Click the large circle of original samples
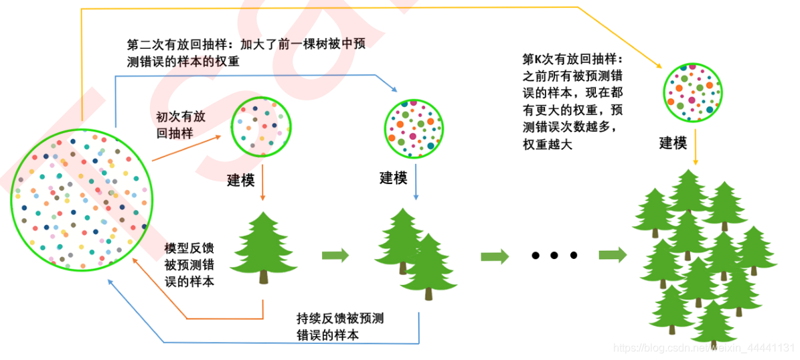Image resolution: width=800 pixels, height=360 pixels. (x=82, y=199)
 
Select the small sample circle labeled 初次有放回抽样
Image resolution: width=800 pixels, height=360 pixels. (x=260, y=124)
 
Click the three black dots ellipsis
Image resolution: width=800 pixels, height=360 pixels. (x=554, y=256)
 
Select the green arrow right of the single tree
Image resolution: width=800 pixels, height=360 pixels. (x=335, y=255)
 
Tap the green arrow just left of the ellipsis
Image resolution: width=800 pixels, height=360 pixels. (x=495, y=256)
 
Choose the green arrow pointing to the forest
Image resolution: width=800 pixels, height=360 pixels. (x=612, y=255)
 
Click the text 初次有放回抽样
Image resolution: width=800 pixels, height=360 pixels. (x=181, y=124)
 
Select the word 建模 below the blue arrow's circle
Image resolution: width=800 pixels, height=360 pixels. (x=394, y=178)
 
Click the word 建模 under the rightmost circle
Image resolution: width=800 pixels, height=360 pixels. (x=673, y=143)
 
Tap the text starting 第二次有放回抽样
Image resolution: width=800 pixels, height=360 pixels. (x=245, y=52)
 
